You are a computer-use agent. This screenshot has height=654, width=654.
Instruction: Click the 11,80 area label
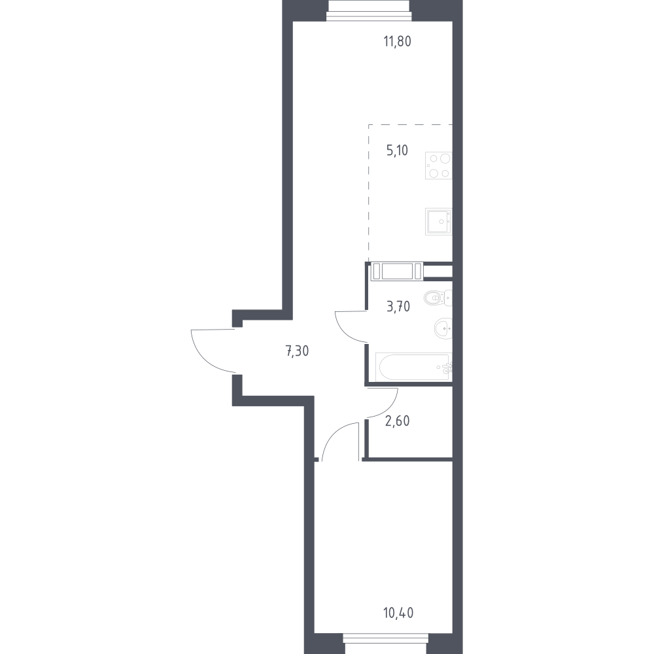pyautogui.click(x=397, y=42)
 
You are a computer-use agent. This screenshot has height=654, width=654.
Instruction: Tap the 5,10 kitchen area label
pyautogui.click(x=397, y=150)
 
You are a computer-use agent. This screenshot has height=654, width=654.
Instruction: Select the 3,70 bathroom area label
pyautogui.click(x=398, y=307)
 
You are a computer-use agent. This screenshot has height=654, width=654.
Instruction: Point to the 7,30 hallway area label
pyautogui.click(x=297, y=351)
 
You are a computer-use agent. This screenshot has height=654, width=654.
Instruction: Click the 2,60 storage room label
pyautogui.click(x=398, y=421)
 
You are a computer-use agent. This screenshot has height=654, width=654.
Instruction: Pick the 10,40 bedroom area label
pyautogui.click(x=398, y=613)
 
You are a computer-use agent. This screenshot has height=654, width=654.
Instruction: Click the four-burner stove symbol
pyautogui.click(x=439, y=165)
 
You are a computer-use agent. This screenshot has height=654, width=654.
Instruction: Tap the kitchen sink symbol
pyautogui.click(x=439, y=222)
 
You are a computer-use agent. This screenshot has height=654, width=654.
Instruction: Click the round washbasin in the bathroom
pyautogui.click(x=443, y=328)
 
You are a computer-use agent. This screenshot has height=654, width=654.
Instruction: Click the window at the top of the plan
pyautogui.click(x=369, y=10)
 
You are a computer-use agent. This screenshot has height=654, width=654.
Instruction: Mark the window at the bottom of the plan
pyautogui.click(x=386, y=644)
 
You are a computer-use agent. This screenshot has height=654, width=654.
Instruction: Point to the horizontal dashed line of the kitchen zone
pyautogui.click(x=411, y=125)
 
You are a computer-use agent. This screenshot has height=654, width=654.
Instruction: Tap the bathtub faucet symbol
pyautogui.click(x=445, y=368)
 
